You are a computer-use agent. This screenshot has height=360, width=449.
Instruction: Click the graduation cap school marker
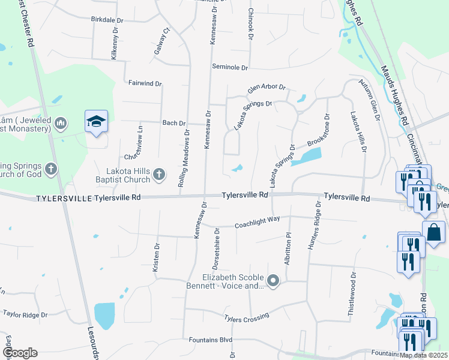pyautogui.click(x=96, y=122)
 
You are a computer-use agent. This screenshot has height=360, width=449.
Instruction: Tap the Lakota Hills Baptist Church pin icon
pyautogui.click(x=159, y=174)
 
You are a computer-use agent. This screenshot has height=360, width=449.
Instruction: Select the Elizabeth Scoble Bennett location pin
pyautogui.click(x=274, y=281)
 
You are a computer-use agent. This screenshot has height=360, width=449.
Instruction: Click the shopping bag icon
pyautogui.click(x=433, y=232)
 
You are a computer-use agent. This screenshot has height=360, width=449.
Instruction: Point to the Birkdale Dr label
pyautogui.click(x=107, y=20)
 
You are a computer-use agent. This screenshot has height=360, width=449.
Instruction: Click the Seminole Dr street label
pyautogui.click(x=230, y=67)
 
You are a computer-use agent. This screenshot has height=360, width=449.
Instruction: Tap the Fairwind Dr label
pyautogui.click(x=145, y=83)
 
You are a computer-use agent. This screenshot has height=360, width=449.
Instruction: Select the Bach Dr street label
pyautogui.click(x=174, y=123)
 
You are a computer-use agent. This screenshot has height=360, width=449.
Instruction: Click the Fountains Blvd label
pyautogui.click(x=209, y=340)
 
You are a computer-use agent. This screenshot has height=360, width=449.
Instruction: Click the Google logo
pyautogui.click(x=20, y=353)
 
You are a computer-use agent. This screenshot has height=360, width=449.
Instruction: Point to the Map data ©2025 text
pyautogui.click(x=424, y=355)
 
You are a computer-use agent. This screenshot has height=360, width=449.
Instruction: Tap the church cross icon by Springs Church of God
pyautogui.click(x=51, y=169)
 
